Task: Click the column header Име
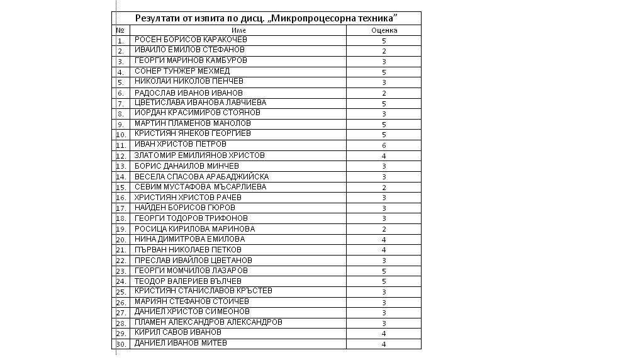click(238, 30)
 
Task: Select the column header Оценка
click(384, 30)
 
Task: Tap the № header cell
click(120, 30)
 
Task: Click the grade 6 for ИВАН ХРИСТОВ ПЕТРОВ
click(384, 145)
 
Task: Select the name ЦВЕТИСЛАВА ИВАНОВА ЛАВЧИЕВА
click(200, 103)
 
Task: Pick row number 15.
click(121, 188)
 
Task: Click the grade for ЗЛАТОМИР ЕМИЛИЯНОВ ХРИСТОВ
click(384, 156)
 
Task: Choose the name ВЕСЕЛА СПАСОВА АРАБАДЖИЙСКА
click(201, 177)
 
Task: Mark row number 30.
click(121, 344)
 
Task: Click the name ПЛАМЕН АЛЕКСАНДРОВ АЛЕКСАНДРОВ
click(208, 322)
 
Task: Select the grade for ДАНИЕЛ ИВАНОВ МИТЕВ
click(384, 344)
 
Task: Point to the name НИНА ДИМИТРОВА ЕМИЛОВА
click(189, 239)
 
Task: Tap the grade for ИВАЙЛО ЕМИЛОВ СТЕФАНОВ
click(384, 51)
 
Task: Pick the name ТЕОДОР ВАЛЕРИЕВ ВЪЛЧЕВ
click(188, 281)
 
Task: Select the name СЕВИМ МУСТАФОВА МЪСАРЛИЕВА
click(200, 187)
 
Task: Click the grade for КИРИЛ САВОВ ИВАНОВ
click(384, 334)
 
